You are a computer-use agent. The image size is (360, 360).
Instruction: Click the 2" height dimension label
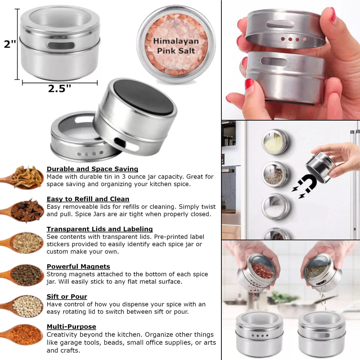(10, 44)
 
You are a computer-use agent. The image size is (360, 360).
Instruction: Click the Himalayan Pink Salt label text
(176, 46)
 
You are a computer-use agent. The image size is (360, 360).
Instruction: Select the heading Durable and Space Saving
(92, 169)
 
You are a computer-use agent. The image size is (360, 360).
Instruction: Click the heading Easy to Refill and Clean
(88, 199)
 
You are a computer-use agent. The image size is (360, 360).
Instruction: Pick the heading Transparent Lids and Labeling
(99, 229)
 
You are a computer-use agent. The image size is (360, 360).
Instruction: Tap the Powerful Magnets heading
(78, 267)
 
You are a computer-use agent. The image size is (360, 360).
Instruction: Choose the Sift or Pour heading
(67, 297)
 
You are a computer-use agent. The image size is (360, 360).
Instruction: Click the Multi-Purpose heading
(71, 327)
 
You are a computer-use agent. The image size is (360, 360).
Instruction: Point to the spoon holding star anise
(25, 211)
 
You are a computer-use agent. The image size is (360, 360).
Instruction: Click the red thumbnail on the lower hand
(249, 84)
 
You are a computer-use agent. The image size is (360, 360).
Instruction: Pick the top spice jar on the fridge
(275, 142)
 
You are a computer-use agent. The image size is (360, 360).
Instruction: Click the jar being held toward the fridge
(320, 166)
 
